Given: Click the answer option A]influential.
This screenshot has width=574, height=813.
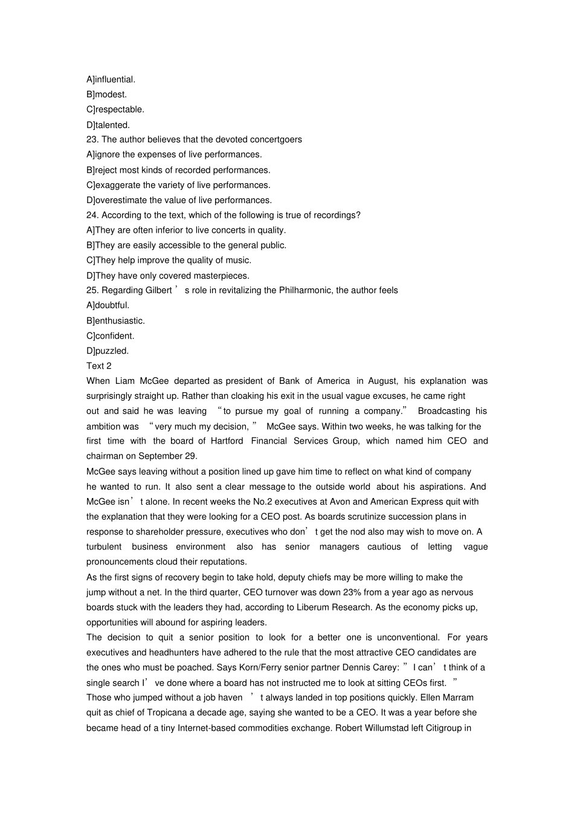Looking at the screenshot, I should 111,79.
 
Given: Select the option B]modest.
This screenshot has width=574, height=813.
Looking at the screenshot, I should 106,94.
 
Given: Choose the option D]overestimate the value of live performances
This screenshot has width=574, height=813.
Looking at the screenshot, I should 179,200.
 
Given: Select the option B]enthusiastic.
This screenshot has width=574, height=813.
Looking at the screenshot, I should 115,320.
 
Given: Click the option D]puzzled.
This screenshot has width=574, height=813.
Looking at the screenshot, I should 108,351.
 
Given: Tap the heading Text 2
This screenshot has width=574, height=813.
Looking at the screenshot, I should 99,366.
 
